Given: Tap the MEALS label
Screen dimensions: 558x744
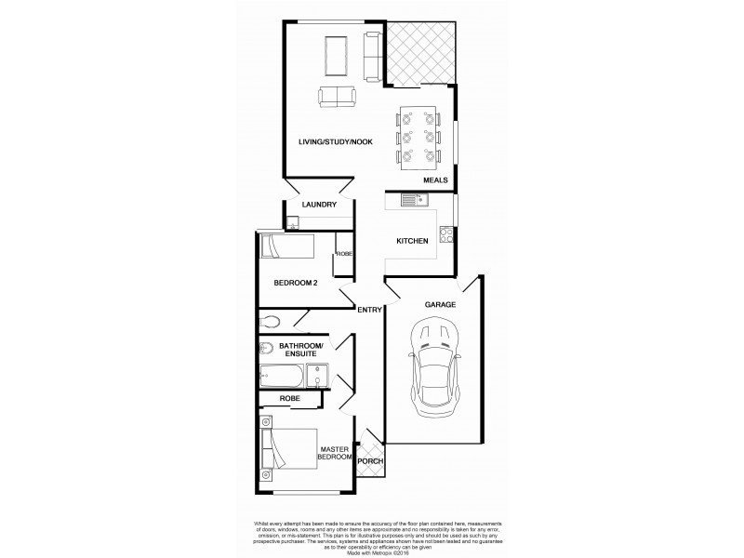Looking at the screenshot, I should [x=435, y=180].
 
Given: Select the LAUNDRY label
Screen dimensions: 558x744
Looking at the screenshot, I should [x=319, y=205].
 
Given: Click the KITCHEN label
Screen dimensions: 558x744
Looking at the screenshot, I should [x=412, y=241].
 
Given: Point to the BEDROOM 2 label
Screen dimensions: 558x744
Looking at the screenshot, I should [x=297, y=283].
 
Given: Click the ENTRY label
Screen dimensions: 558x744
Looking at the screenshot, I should [x=369, y=310].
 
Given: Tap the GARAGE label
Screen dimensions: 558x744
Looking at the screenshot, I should [x=439, y=304].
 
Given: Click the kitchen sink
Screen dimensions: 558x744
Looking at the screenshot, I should [x=413, y=199].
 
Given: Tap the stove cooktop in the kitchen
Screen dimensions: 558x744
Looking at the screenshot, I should [x=446, y=234].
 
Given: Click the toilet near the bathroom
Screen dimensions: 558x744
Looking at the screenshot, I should [x=271, y=321].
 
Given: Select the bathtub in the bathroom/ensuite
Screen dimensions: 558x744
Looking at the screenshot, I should [x=282, y=379].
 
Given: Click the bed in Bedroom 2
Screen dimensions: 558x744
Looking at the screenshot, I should [x=287, y=247].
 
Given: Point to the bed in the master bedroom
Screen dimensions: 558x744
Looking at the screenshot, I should [x=289, y=448].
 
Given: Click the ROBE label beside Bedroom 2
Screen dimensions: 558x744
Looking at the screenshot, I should [x=343, y=253].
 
